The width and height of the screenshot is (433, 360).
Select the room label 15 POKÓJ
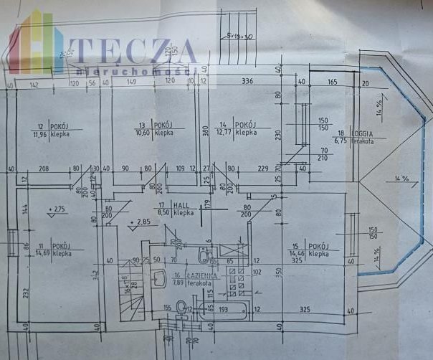308,245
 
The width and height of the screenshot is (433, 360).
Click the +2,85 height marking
141,222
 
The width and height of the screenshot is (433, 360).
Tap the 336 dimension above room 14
248,81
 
